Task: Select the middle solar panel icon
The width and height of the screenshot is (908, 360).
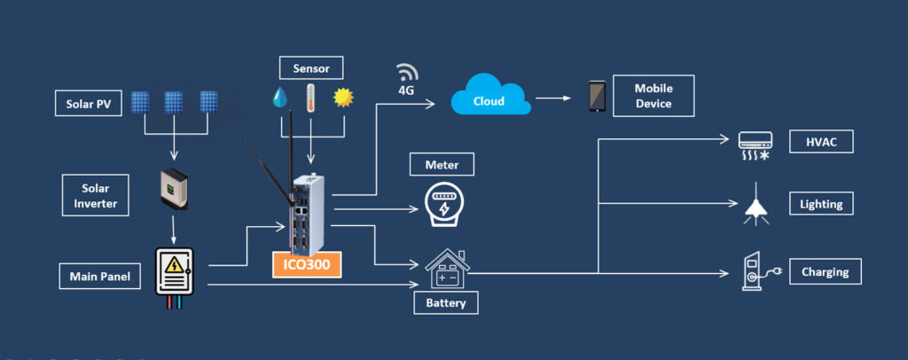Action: click(174, 102)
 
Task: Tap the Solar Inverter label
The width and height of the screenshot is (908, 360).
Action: click(94, 193)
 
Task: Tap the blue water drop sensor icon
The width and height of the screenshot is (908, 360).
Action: click(281, 97)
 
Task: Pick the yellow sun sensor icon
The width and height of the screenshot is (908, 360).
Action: click(341, 97)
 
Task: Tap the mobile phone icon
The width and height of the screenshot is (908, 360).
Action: click(598, 97)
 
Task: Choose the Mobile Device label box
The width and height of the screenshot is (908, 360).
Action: click(654, 97)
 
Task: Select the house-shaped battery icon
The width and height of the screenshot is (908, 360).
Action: click(446, 268)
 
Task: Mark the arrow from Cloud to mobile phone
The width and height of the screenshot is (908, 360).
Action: click(553, 98)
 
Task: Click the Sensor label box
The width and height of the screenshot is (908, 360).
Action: click(311, 67)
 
